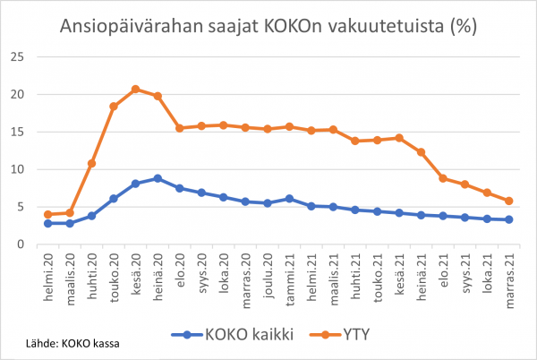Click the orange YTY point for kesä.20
click(135, 89)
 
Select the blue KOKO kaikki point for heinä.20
click(158, 178)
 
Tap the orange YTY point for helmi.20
click(47, 214)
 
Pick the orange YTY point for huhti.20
click(91, 163)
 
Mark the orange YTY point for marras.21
click(508, 201)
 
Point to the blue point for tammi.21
click(289, 199)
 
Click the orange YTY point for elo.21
click(442, 178)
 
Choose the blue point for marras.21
click(508, 219)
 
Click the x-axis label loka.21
click(486, 270)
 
